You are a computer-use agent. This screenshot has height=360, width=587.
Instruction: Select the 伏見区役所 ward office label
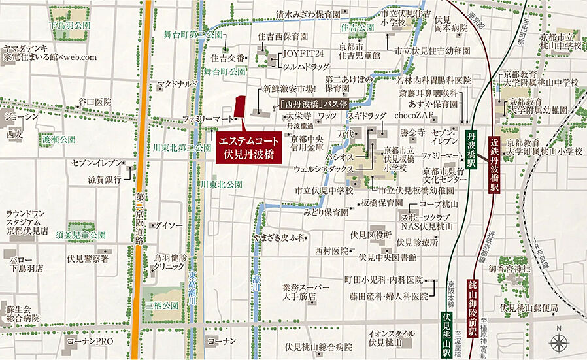(371, 235)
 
